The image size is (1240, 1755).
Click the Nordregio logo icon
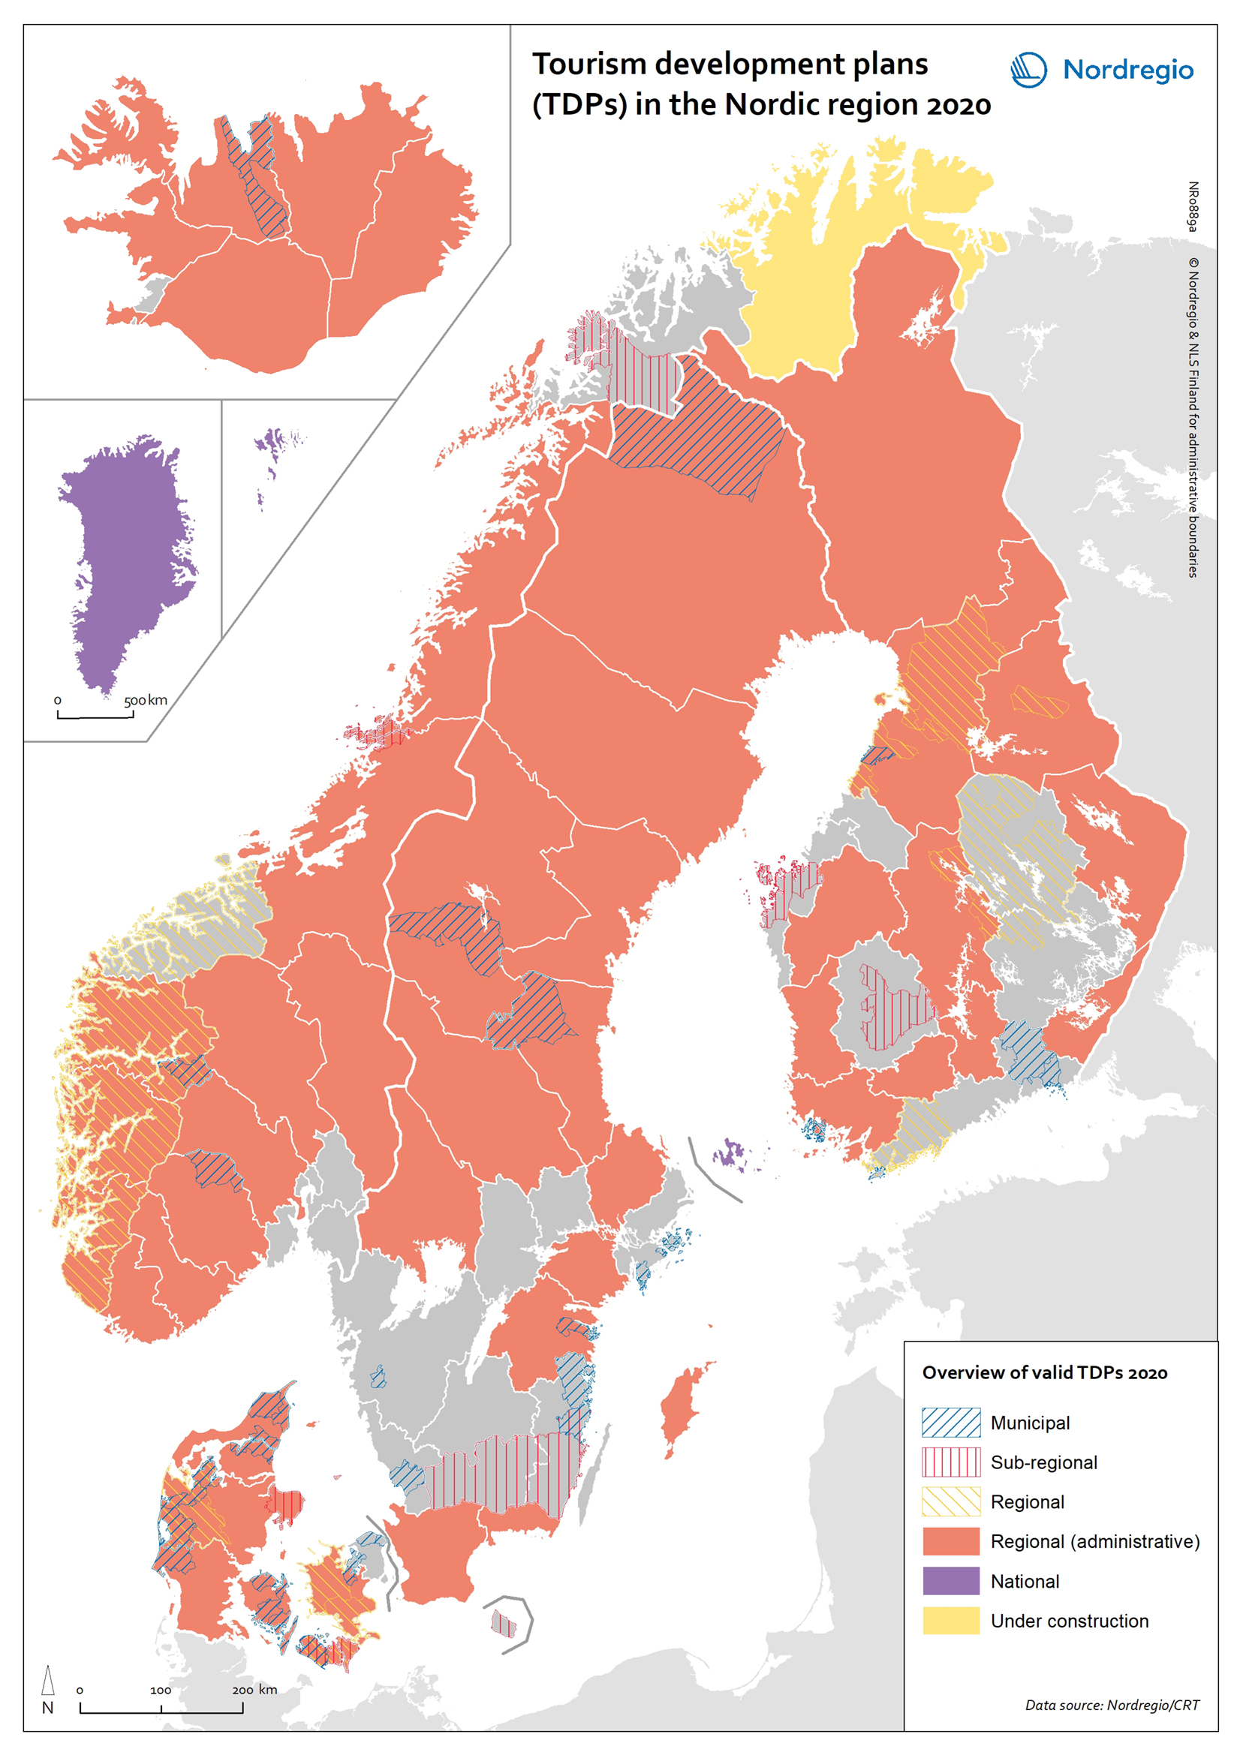click(x=1028, y=70)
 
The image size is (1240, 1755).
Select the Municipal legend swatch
click(x=950, y=1423)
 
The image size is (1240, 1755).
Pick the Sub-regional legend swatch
click(x=950, y=1462)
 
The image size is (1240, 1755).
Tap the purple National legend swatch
click(x=950, y=1581)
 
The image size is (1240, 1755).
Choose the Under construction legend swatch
click(x=950, y=1621)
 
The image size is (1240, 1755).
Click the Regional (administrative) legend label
click(x=1094, y=1542)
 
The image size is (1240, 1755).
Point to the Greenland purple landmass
click(x=126, y=550)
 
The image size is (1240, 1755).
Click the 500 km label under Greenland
click(x=146, y=700)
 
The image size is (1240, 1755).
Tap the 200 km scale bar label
click(x=254, y=1690)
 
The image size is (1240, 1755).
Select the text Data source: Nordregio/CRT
click(x=1112, y=1705)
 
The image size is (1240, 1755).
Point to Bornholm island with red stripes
click(x=502, y=1624)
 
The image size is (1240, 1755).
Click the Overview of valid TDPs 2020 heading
click(x=1044, y=1373)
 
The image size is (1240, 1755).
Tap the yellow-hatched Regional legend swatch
click(x=950, y=1502)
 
